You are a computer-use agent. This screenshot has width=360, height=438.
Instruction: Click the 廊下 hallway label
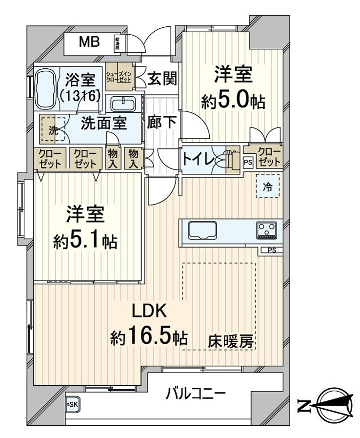point(162,122)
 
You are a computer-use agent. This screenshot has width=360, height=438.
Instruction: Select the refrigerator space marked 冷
point(269,186)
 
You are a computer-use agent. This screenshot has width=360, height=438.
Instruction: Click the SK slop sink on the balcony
point(72,403)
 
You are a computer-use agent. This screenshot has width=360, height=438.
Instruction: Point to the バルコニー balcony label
point(195,393)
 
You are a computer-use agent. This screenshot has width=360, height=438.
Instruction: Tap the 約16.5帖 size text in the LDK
point(149,336)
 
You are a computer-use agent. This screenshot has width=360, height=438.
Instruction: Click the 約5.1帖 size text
point(85,240)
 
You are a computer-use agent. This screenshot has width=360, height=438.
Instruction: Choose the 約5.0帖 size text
point(234,102)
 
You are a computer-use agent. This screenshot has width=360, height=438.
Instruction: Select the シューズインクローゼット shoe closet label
point(119,76)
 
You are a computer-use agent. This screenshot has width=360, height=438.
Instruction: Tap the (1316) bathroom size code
point(80,95)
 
